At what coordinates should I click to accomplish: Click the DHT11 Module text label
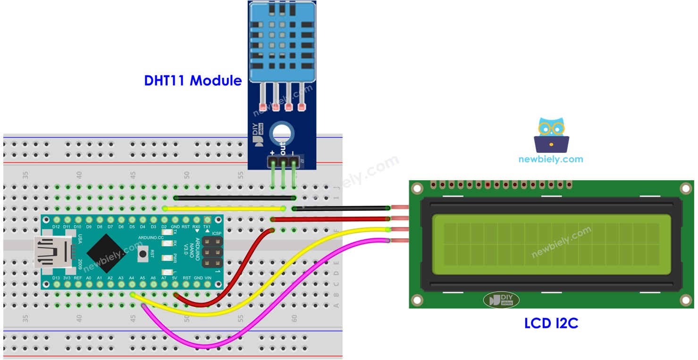tap(193, 81)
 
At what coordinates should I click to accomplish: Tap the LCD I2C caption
tap(551, 323)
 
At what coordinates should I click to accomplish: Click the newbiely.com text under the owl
tap(550, 159)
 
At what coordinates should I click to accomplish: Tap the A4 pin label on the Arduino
tap(132, 278)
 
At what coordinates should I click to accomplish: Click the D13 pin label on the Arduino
tap(56, 278)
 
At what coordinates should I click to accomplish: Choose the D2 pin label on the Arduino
tap(164, 227)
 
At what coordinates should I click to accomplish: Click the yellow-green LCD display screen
tap(551, 244)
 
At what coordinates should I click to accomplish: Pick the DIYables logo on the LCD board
tap(501, 300)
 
